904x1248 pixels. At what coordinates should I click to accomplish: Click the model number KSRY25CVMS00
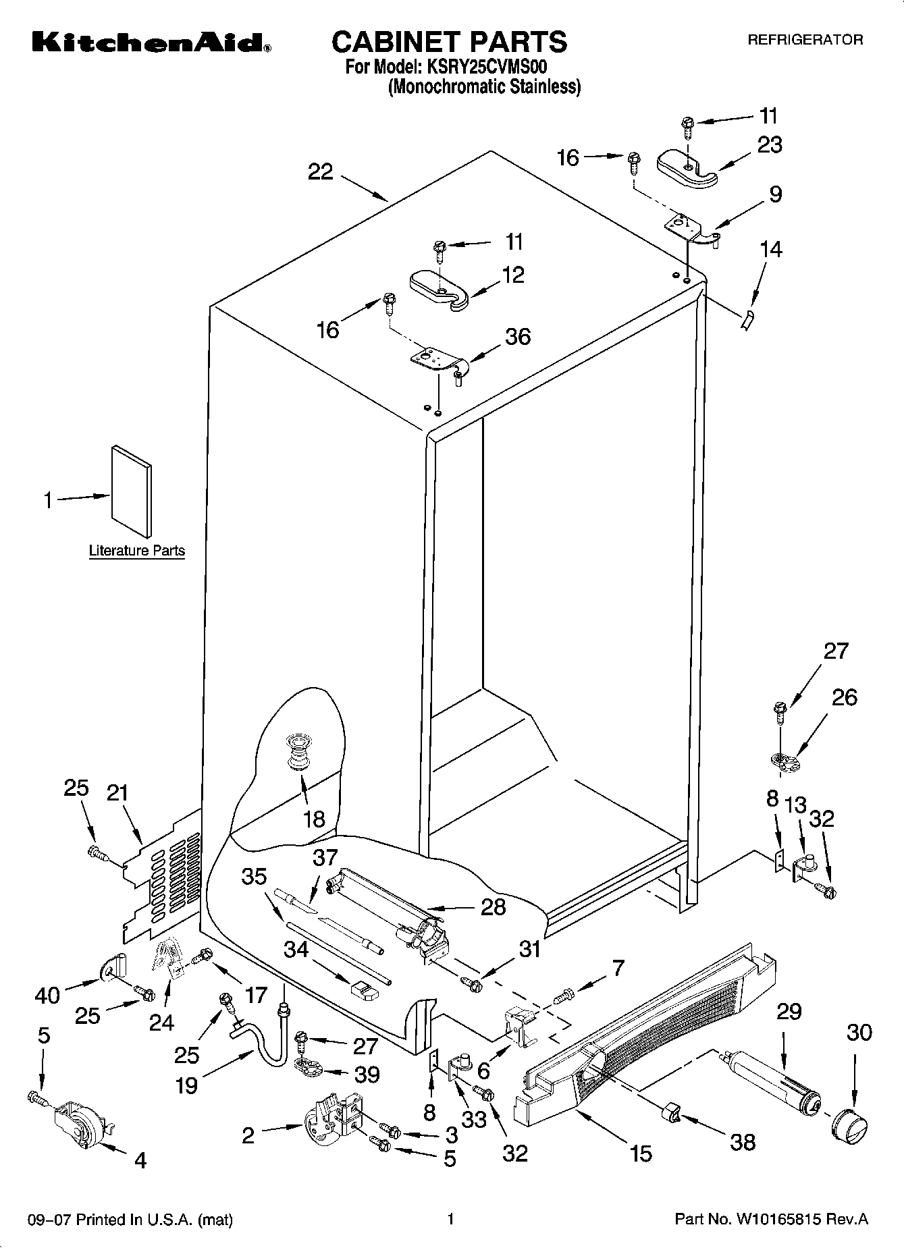pyautogui.click(x=485, y=67)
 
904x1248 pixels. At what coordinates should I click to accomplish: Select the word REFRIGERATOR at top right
pyautogui.click(x=805, y=40)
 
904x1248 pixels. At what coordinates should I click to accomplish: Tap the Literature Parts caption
pyautogui.click(x=137, y=551)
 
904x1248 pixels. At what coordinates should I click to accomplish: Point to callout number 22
pyautogui.click(x=321, y=172)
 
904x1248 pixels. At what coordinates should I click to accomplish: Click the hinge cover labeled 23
pyautogui.click(x=687, y=168)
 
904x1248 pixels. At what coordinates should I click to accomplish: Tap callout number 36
pyautogui.click(x=518, y=336)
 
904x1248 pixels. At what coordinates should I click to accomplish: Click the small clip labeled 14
pyautogui.click(x=748, y=320)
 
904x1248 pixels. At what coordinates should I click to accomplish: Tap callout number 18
pyautogui.click(x=314, y=819)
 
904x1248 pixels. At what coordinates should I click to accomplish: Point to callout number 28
pyautogui.click(x=493, y=906)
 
